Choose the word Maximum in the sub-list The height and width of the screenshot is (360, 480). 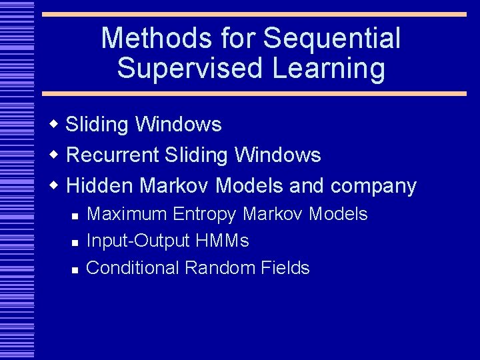(127, 214)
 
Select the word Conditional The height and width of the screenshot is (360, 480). (133, 268)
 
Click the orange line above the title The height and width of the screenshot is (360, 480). (254, 14)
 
